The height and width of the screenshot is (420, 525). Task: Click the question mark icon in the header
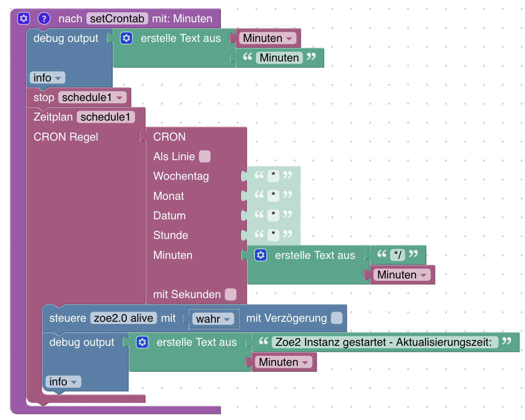tap(43, 19)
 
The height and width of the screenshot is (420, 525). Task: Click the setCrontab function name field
tap(118, 19)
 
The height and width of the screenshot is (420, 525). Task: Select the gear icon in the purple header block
tap(24, 19)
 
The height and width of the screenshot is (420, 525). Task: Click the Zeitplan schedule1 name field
tap(106, 117)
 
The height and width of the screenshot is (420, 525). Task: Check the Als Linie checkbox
tap(205, 157)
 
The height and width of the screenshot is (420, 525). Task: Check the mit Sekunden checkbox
tap(230, 294)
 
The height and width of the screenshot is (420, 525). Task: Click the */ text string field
tap(397, 254)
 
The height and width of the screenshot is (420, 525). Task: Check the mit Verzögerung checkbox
tap(336, 318)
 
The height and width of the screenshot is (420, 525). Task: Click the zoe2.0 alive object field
tap(124, 318)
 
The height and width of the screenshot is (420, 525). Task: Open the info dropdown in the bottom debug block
tap(63, 382)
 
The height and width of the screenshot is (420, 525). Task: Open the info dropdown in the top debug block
tap(47, 78)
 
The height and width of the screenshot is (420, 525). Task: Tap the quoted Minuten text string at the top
tap(279, 58)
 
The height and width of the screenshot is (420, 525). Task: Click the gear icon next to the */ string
tap(260, 255)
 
